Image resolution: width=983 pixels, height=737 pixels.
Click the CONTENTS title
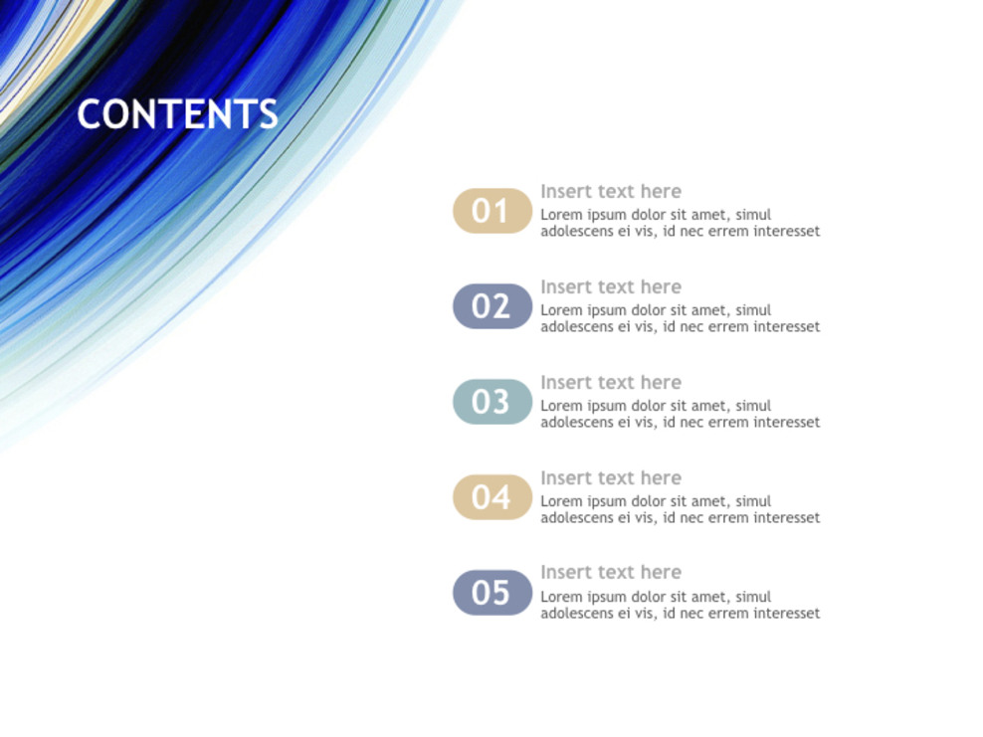click(177, 114)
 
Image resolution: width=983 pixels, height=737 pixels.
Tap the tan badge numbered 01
click(491, 211)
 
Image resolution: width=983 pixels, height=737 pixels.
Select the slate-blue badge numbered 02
click(491, 306)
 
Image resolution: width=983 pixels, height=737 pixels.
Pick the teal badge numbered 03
click(491, 402)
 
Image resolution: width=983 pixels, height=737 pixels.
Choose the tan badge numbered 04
click(491, 497)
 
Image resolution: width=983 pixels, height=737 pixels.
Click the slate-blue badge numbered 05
click(491, 593)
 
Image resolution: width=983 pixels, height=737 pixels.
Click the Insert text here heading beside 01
click(611, 192)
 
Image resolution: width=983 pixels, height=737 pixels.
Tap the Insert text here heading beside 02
click(611, 287)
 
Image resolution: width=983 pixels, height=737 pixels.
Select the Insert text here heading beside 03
click(611, 383)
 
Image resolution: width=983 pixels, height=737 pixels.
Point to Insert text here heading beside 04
click(611, 478)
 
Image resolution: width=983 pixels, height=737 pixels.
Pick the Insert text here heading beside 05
click(611, 573)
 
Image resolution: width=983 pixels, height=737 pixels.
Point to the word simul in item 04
click(753, 501)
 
